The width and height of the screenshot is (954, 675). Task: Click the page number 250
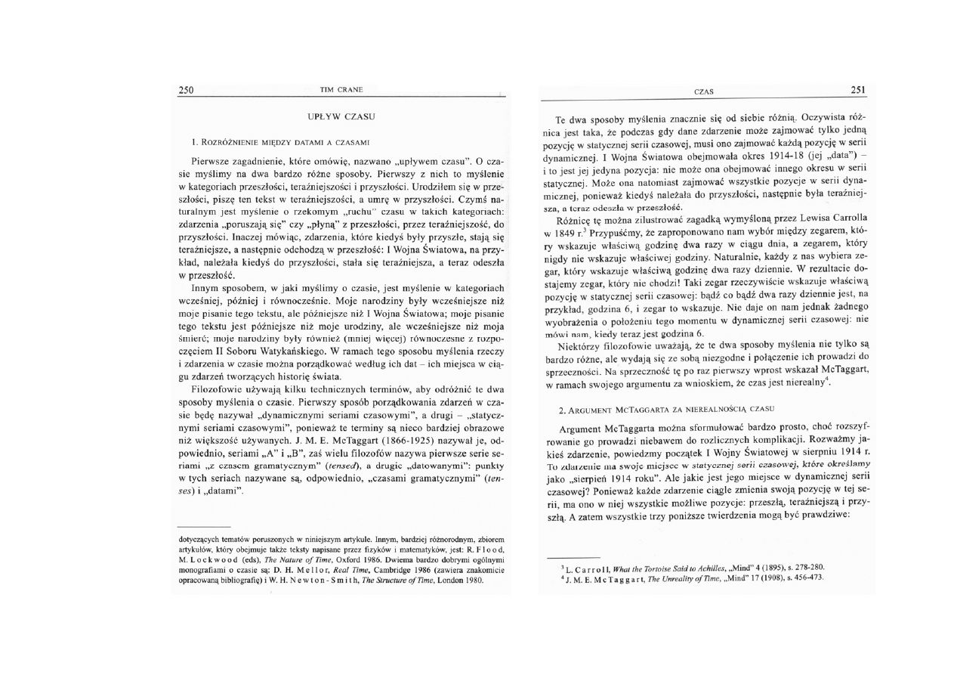click(x=186, y=90)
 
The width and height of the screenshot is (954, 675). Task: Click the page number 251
click(x=857, y=90)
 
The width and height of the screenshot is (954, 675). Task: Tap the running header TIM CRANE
click(x=341, y=90)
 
